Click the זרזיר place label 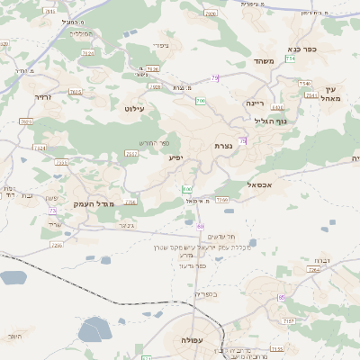click(44, 96)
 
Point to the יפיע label click(177, 157)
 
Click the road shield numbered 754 click(290, 58)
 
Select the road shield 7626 click(87, 54)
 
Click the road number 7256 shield click(58, 244)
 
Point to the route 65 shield click(281, 297)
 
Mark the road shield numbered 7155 click(277, 349)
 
